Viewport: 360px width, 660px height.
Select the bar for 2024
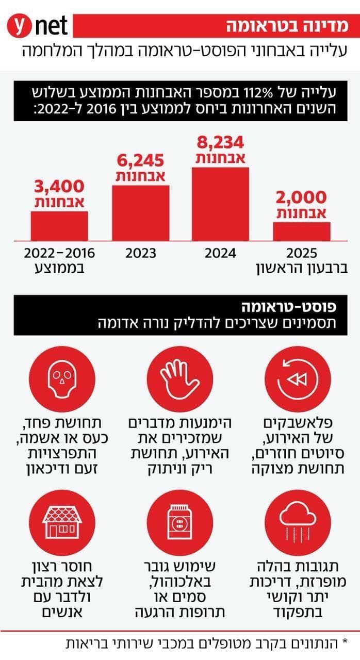220,204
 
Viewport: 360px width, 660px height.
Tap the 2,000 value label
301,197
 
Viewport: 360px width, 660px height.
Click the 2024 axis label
220,254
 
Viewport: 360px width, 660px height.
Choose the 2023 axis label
140,254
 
